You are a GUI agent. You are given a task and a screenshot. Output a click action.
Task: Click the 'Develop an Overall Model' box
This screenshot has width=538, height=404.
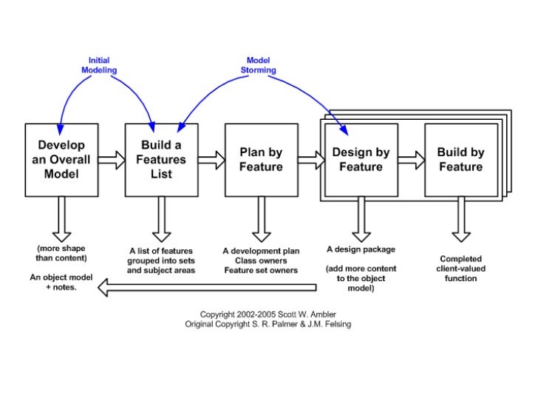pos(61,160)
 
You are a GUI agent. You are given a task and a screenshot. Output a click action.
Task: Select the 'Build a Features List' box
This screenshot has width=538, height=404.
pos(161,160)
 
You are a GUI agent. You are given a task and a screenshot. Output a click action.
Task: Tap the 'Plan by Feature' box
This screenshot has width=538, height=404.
pos(261,160)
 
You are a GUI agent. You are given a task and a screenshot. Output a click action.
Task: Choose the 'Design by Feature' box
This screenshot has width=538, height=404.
pos(361,160)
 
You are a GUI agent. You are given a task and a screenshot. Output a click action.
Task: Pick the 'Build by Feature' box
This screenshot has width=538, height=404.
pos(460,160)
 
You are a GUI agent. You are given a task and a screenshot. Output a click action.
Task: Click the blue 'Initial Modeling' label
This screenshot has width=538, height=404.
pos(99,64)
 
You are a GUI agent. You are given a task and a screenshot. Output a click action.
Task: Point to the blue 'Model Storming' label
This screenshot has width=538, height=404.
pos(258,64)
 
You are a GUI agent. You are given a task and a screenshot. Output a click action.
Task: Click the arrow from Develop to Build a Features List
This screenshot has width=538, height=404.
pos(112,159)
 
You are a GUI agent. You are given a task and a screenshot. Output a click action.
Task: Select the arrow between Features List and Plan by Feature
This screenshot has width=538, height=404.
pos(211,159)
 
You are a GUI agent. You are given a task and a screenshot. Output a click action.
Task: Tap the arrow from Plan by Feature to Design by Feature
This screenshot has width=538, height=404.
pos(310,159)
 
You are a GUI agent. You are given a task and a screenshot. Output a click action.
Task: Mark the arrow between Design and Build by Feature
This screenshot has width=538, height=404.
pos(411,159)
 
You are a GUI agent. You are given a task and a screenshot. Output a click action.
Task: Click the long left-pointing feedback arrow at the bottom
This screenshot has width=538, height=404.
pos(214,289)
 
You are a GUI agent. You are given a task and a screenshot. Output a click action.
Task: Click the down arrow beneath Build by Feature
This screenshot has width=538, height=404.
pos(461,218)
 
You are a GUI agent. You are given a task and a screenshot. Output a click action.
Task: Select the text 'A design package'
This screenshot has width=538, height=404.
pos(361,250)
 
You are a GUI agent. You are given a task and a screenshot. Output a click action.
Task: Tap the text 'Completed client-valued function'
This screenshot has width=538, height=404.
pos(461,269)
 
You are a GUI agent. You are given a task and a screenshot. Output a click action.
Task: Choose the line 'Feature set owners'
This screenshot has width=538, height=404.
pos(261,271)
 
